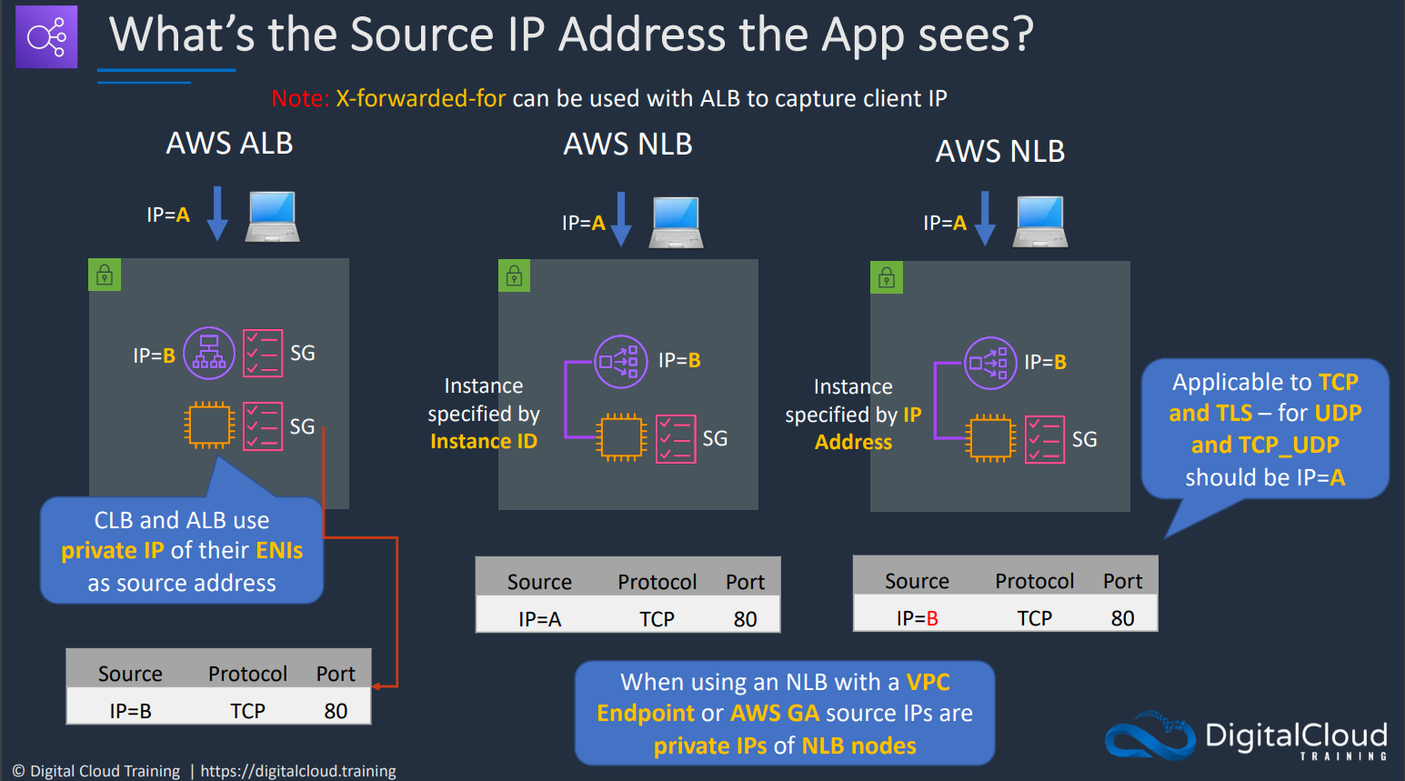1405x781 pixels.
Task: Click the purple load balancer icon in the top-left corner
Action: (46, 36)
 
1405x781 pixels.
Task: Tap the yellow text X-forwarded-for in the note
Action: (420, 98)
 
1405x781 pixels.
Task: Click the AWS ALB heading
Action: (229, 143)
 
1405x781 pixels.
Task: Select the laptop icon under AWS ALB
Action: (272, 216)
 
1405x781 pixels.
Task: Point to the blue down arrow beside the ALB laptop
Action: (217, 214)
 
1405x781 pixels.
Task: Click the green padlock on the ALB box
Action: (105, 275)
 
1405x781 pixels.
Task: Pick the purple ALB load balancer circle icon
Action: (209, 353)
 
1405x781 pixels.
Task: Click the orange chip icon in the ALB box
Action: (209, 426)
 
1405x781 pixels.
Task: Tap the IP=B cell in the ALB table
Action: (130, 711)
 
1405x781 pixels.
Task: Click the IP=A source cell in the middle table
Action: (539, 619)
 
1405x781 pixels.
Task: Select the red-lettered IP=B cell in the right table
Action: (917, 618)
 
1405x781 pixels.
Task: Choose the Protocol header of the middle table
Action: (657, 582)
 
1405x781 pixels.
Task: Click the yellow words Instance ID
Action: (484, 441)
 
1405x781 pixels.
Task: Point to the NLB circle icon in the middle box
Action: (620, 362)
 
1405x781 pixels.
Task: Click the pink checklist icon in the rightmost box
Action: (1044, 439)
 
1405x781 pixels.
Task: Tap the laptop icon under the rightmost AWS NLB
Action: (1040, 222)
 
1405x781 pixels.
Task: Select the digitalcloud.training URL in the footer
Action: (298, 770)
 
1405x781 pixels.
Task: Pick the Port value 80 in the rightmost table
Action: (1123, 618)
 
